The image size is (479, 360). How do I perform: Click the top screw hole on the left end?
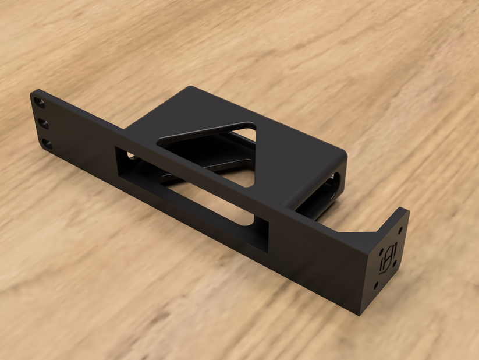pyautogui.click(x=40, y=103)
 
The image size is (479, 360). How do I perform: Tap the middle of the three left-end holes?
pyautogui.click(x=43, y=123)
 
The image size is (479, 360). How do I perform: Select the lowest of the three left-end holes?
pyautogui.click(x=47, y=143)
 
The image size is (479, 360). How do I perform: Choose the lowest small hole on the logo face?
pyautogui.click(x=375, y=285)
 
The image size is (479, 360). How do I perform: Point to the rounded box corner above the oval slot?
pyautogui.click(x=340, y=154)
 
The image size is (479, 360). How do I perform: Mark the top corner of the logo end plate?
pyautogui.click(x=405, y=210)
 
